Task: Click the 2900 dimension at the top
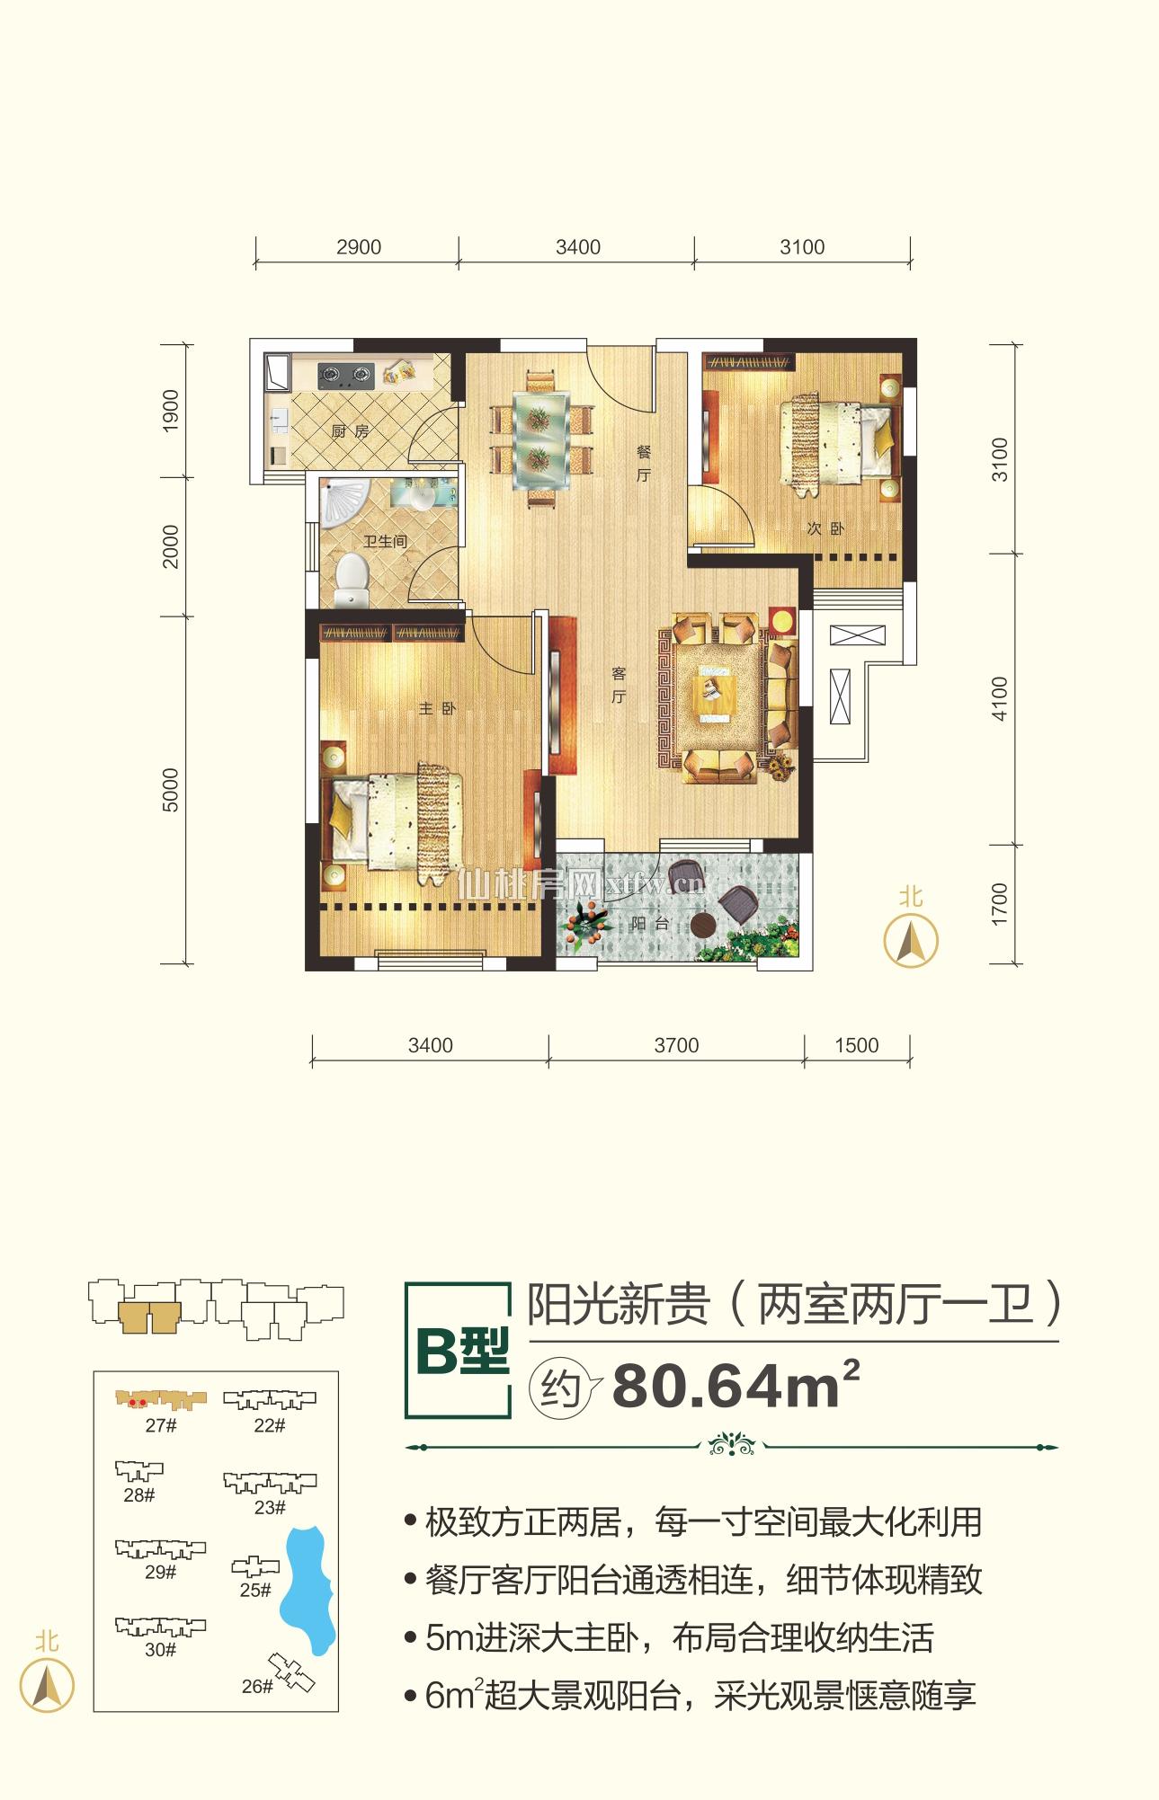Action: [x=359, y=247]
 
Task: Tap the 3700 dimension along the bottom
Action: [x=676, y=1045]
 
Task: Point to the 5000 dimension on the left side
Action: [x=171, y=790]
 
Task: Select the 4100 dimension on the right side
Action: [x=1001, y=698]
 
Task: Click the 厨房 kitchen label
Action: [x=350, y=431]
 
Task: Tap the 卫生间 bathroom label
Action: [x=385, y=542]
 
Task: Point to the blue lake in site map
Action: [x=308, y=1590]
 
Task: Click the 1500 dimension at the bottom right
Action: [x=856, y=1045]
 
